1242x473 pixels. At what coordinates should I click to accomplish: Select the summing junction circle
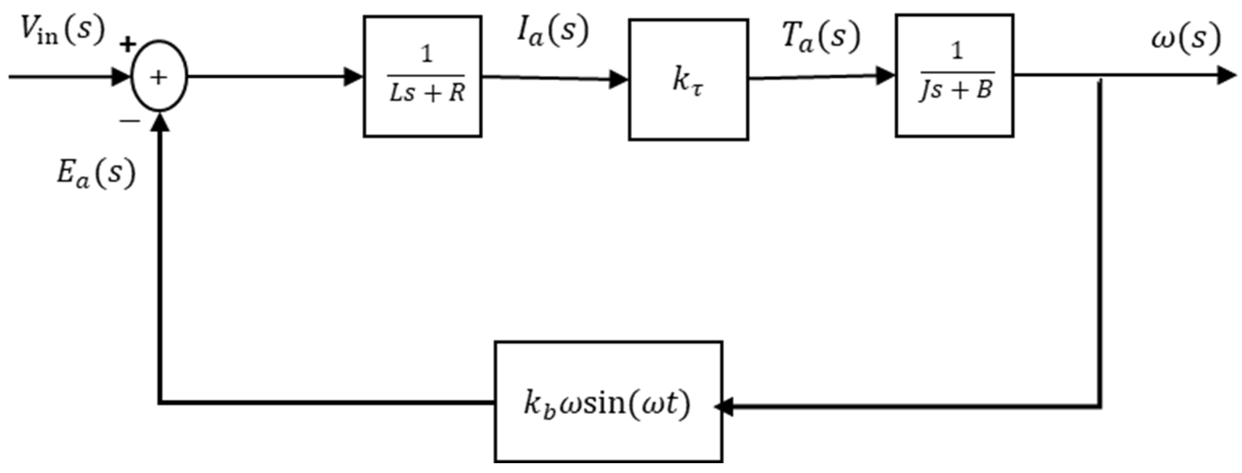click(x=159, y=76)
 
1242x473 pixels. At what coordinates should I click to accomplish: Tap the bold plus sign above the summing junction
click(x=128, y=45)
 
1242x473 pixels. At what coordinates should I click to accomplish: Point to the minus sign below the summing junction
click(x=130, y=121)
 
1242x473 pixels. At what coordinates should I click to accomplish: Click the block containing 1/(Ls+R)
click(x=422, y=76)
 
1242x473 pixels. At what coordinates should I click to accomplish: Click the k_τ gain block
click(x=688, y=79)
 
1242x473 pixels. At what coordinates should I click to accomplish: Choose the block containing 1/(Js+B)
click(x=954, y=76)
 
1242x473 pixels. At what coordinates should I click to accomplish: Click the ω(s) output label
click(x=1186, y=37)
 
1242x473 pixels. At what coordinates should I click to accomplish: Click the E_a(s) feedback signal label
click(x=95, y=174)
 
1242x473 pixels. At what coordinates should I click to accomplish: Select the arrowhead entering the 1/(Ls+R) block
click(x=353, y=76)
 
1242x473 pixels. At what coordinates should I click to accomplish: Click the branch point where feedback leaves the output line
click(x=1100, y=76)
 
